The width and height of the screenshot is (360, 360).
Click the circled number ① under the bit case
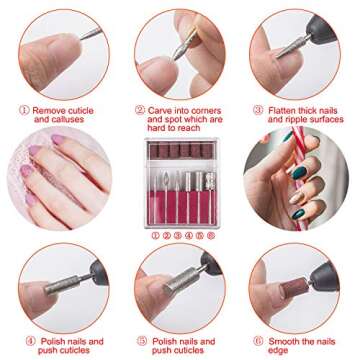(154, 236)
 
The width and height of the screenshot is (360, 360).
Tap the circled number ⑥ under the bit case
(212, 236)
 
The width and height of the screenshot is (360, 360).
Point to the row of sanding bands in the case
(180, 152)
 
